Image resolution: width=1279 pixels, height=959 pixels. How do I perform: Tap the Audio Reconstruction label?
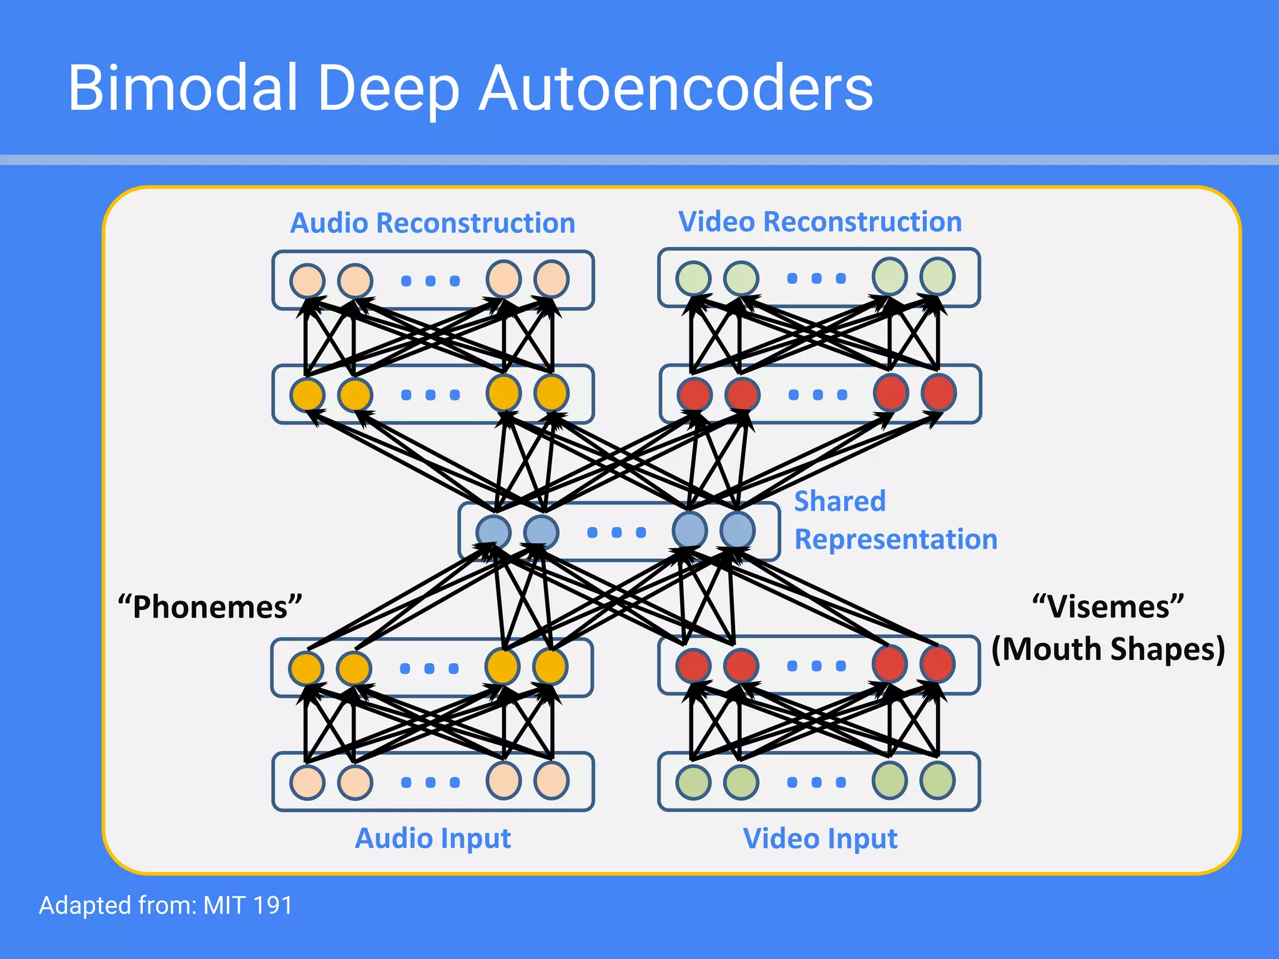tap(432, 223)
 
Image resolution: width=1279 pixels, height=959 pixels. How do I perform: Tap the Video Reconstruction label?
tap(819, 222)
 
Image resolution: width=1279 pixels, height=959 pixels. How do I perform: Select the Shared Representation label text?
tap(894, 520)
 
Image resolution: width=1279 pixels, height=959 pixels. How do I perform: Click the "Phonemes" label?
tap(210, 607)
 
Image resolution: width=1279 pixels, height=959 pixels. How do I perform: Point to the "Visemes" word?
tap(1108, 607)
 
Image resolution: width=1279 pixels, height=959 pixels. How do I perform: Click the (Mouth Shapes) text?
tap(1108, 649)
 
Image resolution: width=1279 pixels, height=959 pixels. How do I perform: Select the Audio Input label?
tap(432, 839)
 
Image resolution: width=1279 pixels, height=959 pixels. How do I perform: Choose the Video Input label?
tap(819, 839)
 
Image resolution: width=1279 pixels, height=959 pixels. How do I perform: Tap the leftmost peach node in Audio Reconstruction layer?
tap(307, 280)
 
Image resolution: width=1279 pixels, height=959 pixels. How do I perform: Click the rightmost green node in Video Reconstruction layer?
tap(937, 276)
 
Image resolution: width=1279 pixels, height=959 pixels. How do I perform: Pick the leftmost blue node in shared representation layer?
tap(493, 532)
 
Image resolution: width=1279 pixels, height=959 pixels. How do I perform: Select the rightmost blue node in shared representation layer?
tap(738, 530)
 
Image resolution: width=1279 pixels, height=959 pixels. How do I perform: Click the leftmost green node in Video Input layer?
tap(693, 782)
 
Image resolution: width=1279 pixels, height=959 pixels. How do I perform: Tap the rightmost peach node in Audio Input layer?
tap(551, 780)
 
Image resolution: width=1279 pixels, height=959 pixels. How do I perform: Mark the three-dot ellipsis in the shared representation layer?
tap(616, 532)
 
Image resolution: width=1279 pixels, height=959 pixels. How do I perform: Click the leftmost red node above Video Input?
tap(693, 665)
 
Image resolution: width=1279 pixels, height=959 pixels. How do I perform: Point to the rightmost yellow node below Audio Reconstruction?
tap(551, 393)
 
